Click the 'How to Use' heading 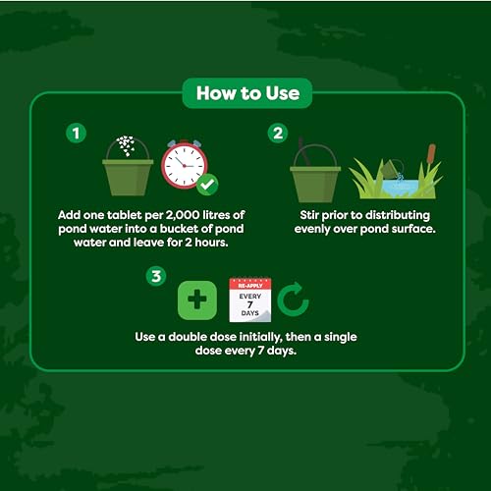[246, 94]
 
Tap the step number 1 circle [72, 131]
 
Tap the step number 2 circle [277, 131]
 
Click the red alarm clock [184, 164]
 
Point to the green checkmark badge [207, 185]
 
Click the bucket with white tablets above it [128, 172]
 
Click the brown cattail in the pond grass [430, 155]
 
